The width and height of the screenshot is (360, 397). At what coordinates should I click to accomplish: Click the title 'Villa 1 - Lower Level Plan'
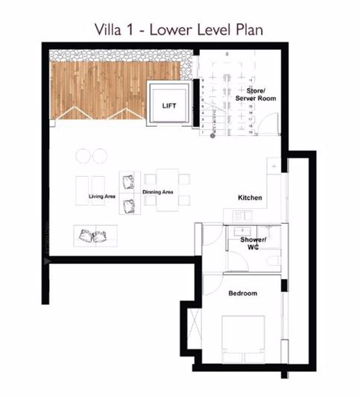(x=180, y=30)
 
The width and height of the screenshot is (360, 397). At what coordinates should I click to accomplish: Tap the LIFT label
(x=169, y=107)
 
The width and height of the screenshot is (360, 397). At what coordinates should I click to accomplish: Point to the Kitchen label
(x=250, y=198)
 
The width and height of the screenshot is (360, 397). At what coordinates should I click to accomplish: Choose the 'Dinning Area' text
(x=157, y=192)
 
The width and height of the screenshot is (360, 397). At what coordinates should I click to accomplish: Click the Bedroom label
(x=242, y=293)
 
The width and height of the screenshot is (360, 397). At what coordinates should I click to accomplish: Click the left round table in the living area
(x=82, y=156)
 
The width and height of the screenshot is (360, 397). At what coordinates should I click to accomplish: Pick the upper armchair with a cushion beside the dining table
(x=129, y=180)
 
